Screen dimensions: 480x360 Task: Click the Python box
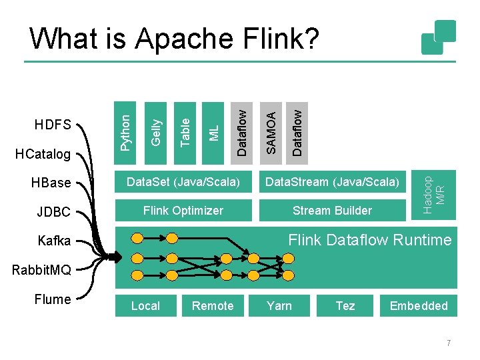click(125, 133)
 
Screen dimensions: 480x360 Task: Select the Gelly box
click(155, 133)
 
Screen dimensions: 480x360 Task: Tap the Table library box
click(185, 133)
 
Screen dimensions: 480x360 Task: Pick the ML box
click(213, 133)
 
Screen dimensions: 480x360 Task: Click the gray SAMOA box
click(271, 133)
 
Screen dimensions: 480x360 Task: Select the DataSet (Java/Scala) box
click(183, 182)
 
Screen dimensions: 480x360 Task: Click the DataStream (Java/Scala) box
click(333, 182)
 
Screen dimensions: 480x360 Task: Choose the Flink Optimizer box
click(184, 210)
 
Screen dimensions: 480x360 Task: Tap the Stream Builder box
click(333, 210)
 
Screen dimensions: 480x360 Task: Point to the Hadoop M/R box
click(433, 195)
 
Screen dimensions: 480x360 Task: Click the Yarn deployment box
click(279, 305)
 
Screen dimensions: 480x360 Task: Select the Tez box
click(345, 305)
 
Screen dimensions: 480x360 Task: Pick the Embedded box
click(419, 305)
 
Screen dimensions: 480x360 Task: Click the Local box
click(146, 305)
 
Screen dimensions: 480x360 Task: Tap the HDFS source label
click(53, 125)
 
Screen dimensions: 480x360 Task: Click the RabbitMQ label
click(41, 270)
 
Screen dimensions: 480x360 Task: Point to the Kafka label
click(54, 241)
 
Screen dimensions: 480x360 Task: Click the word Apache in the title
click(184, 39)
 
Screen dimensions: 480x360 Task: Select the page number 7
click(449, 343)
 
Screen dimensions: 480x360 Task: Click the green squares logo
click(439, 37)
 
